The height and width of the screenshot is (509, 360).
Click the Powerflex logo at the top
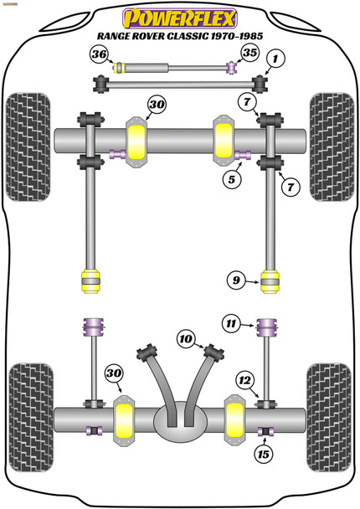point(179,16)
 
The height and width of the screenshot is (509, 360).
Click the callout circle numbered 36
point(100,55)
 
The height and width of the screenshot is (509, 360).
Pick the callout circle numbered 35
point(249,54)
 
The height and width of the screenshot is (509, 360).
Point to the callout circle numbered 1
point(276,59)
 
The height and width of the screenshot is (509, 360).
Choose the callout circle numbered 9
point(236,280)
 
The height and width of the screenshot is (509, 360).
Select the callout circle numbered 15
point(264,455)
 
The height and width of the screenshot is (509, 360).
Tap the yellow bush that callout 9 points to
point(270,280)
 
